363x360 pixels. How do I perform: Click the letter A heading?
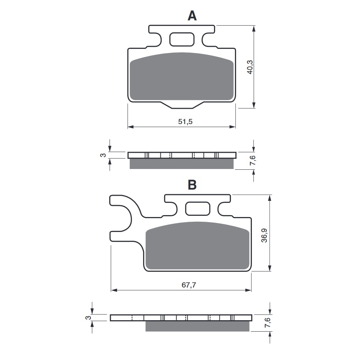point(192,15)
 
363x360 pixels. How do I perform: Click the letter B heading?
point(192,185)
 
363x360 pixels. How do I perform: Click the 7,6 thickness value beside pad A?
point(253,161)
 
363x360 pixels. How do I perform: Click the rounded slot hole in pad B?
point(198,208)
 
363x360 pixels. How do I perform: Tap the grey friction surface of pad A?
point(182,77)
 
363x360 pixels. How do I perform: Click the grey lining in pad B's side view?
point(197,326)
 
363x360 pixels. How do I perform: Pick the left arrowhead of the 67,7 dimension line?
point(114,290)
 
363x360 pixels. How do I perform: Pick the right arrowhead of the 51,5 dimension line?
point(233,127)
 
